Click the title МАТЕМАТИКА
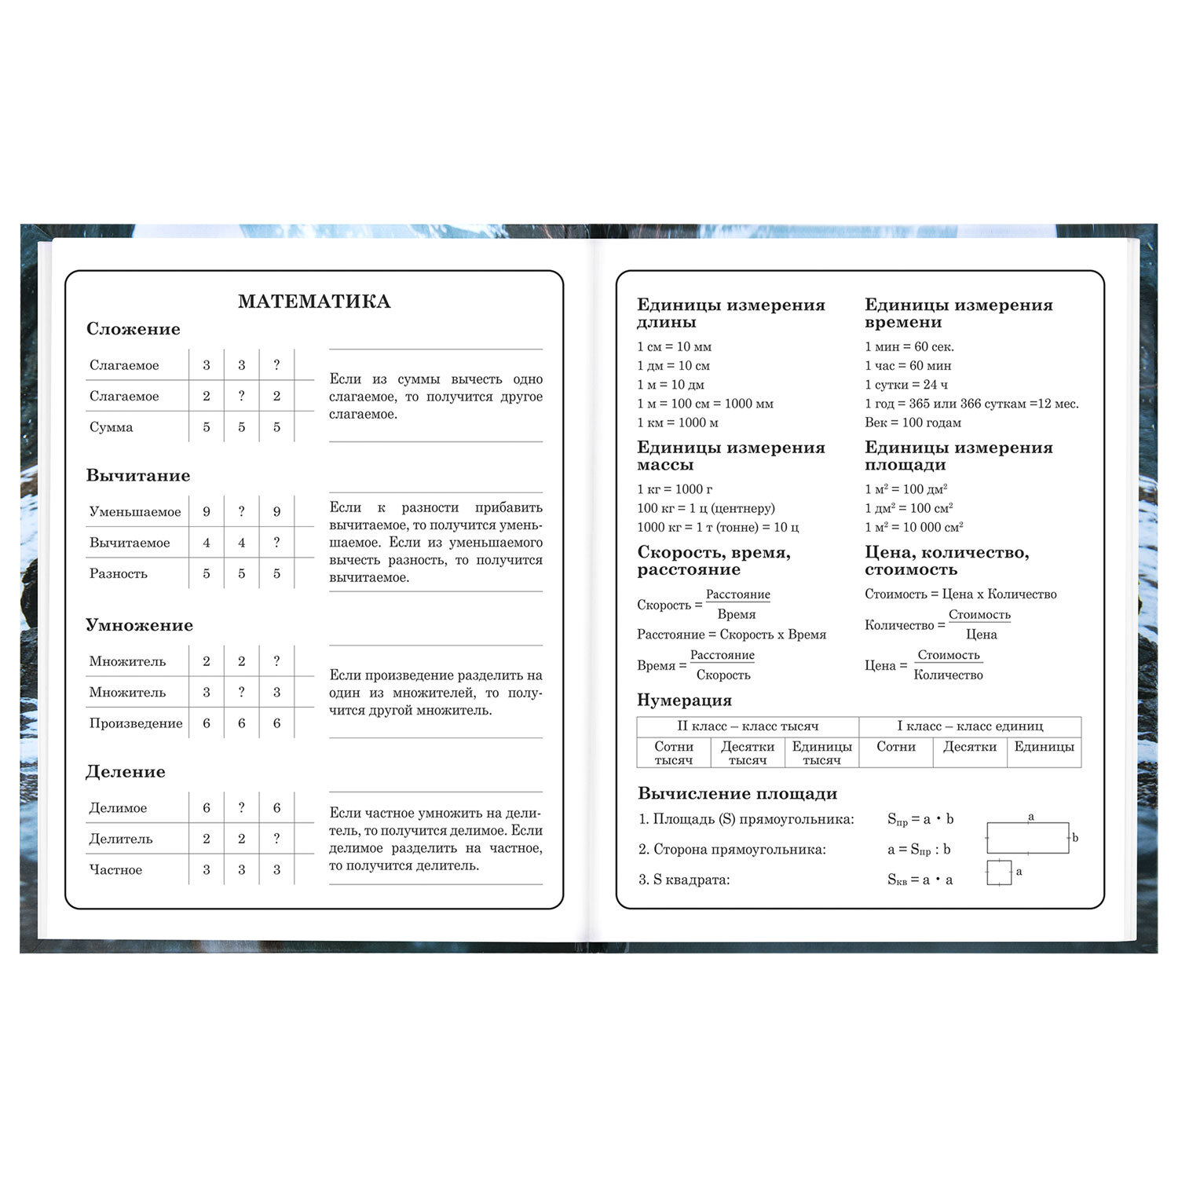pyautogui.click(x=314, y=302)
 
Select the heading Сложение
pyautogui.click(x=133, y=329)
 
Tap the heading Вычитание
pyautogui.click(x=137, y=476)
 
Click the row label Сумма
pyautogui.click(x=112, y=427)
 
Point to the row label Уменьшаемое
pyautogui.click(x=135, y=512)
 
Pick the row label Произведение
pyautogui.click(x=136, y=723)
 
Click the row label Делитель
pyautogui.click(x=121, y=839)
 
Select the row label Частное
pyautogui.click(x=115, y=870)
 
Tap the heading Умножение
pyautogui.click(x=139, y=625)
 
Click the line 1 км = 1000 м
pyautogui.click(x=678, y=423)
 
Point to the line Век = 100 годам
pyautogui.click(x=913, y=423)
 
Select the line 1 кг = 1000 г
pyautogui.click(x=675, y=489)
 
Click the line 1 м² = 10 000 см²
pyautogui.click(x=914, y=527)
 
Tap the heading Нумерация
pyautogui.click(x=684, y=701)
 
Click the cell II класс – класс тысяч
pyautogui.click(x=748, y=726)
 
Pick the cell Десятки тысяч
pyautogui.click(x=748, y=753)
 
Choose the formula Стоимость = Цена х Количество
pyautogui.click(x=960, y=594)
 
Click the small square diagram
pyautogui.click(x=999, y=873)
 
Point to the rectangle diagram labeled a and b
pyautogui.click(x=1028, y=837)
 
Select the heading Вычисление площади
pyautogui.click(x=737, y=794)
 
